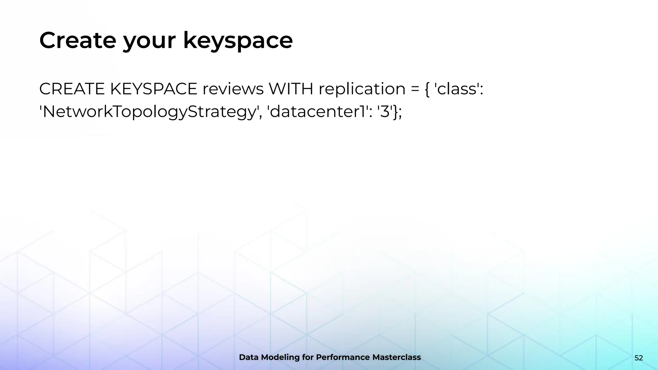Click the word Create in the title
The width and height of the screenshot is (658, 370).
77,40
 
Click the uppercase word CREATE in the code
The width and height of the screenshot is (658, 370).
72,89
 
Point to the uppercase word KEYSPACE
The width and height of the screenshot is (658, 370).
154,89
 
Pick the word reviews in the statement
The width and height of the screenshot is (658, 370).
233,89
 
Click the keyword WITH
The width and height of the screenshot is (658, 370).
291,89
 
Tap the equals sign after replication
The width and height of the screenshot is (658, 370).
415,89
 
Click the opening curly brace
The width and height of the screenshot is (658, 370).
427,89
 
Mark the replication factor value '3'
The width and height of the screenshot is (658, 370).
385,112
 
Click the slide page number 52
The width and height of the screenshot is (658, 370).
639,358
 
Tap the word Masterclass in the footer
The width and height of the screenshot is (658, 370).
396,357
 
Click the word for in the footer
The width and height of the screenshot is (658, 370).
307,357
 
